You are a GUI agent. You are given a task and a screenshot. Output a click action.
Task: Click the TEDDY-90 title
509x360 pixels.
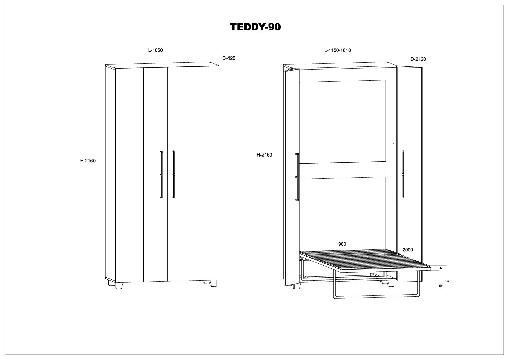click(x=255, y=27)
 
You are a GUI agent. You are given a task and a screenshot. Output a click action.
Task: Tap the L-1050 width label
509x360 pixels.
click(x=155, y=50)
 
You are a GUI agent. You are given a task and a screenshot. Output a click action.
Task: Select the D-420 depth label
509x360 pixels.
click(x=229, y=58)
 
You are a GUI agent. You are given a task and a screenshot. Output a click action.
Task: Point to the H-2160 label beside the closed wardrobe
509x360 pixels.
click(x=88, y=161)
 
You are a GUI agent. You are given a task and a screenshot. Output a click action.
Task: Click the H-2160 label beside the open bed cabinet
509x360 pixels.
click(x=264, y=155)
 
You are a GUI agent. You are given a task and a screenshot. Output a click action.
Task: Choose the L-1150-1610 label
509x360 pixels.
click(x=337, y=50)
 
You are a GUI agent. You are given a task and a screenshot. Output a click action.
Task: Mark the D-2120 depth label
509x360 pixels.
click(x=418, y=59)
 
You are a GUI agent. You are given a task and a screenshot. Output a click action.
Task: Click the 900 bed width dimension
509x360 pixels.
click(x=342, y=244)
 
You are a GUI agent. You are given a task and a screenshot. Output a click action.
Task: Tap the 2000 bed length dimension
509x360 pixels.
click(x=408, y=250)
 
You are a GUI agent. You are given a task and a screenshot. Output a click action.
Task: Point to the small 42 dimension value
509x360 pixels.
click(x=441, y=268)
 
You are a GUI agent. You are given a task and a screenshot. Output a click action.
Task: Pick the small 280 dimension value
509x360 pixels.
click(x=441, y=285)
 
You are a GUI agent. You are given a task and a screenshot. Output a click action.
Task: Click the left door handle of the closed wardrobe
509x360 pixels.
click(x=161, y=174)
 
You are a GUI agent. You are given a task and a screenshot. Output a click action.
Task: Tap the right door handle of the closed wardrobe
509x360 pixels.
click(x=173, y=174)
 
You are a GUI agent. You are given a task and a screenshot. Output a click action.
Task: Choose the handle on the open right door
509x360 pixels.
click(x=403, y=174)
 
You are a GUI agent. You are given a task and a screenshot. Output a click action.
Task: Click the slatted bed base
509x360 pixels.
click(x=364, y=261)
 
